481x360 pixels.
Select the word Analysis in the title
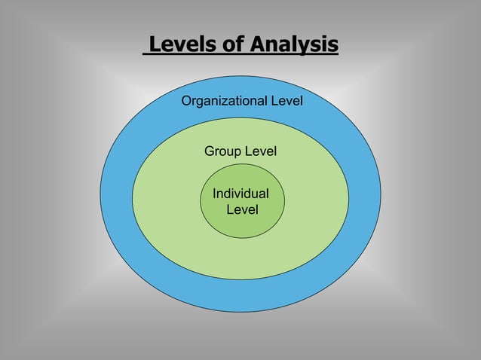tap(293, 45)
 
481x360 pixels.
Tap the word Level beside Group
tap(260, 151)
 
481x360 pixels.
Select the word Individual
tap(240, 194)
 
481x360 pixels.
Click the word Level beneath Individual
tap(242, 209)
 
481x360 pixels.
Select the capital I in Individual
tap(215, 194)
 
